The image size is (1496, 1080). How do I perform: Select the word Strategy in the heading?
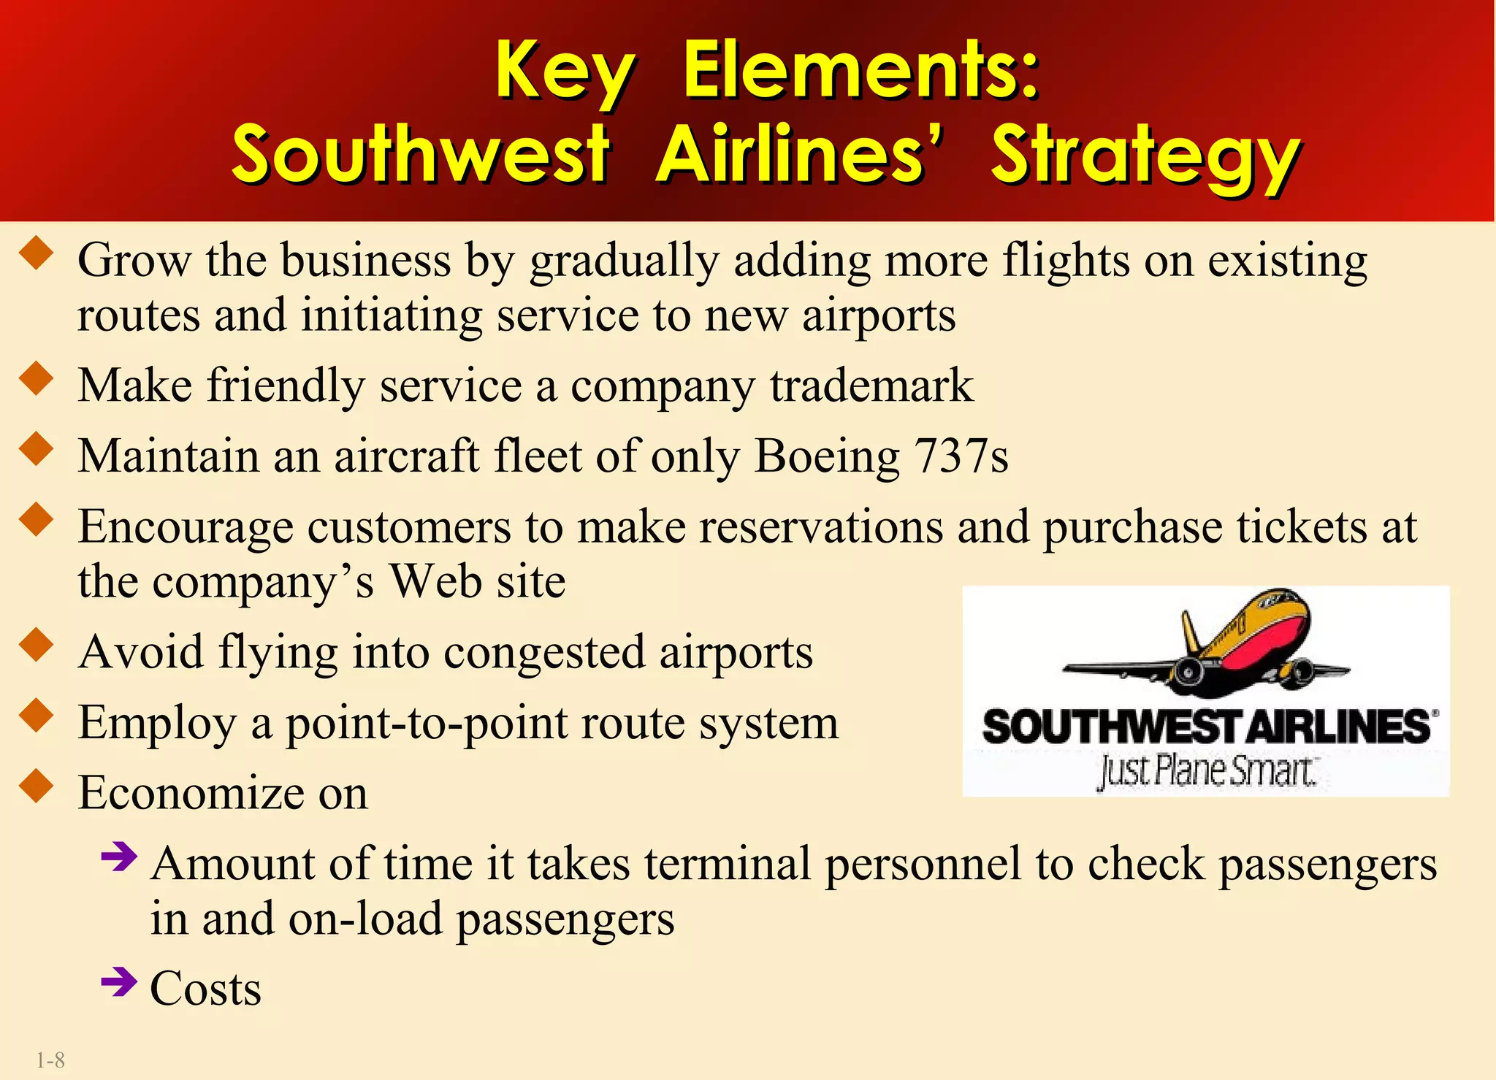(1145, 157)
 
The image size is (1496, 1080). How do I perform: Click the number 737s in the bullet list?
(961, 456)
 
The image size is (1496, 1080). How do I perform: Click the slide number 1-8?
(50, 1060)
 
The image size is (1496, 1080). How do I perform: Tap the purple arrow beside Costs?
(119, 982)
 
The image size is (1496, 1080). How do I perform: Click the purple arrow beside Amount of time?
(119, 857)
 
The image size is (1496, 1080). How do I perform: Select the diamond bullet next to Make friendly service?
(37, 379)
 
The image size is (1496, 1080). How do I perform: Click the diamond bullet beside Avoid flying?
(37, 646)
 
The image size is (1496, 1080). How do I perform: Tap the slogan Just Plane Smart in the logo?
(1205, 772)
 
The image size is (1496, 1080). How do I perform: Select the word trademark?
(871, 386)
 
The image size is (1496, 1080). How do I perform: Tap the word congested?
(544, 652)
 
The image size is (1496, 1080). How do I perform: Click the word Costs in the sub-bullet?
(206, 989)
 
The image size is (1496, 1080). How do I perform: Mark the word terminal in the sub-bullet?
(727, 864)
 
